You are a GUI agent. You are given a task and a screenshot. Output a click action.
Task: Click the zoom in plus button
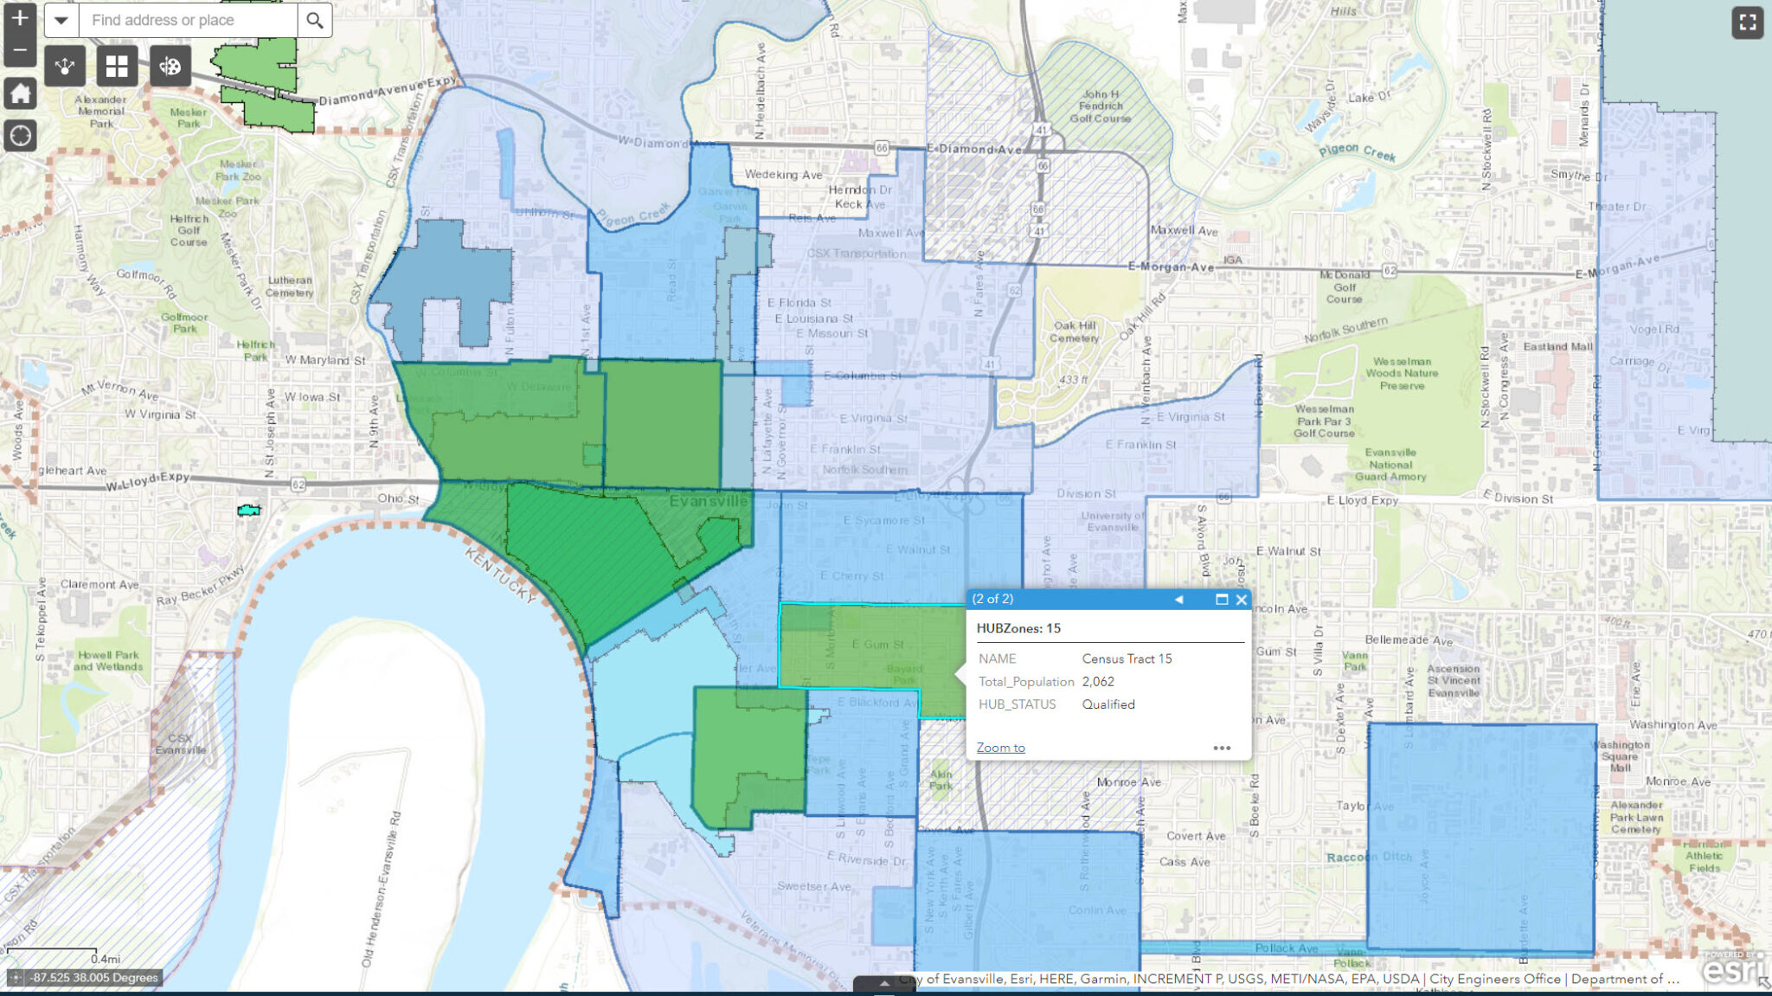19,18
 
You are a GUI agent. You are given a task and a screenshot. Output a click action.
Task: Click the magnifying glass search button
315,20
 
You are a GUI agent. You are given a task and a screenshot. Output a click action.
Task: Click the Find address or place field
188,20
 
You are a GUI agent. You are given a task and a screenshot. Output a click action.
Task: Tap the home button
20,93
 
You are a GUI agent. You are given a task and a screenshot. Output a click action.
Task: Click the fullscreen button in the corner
1747,22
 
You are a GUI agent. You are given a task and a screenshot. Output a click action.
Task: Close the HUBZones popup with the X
1242,600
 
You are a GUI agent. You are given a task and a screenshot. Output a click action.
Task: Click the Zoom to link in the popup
1000,748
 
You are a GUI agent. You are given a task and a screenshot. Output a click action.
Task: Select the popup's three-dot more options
1222,748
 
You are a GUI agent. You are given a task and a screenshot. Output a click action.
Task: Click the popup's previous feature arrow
1178,600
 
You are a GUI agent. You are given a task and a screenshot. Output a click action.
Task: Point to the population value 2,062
1098,682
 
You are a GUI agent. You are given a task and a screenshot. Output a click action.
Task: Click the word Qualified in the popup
1108,704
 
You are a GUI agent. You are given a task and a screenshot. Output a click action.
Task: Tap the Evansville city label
708,502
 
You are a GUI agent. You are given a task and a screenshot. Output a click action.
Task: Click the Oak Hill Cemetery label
1074,331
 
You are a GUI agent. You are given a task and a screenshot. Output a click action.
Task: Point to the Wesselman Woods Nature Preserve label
1402,374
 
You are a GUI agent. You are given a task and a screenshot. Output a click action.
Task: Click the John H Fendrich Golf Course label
1100,106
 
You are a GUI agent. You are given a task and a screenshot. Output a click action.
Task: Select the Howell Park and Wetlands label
108,660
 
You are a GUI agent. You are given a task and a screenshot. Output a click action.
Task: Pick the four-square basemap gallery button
117,67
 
